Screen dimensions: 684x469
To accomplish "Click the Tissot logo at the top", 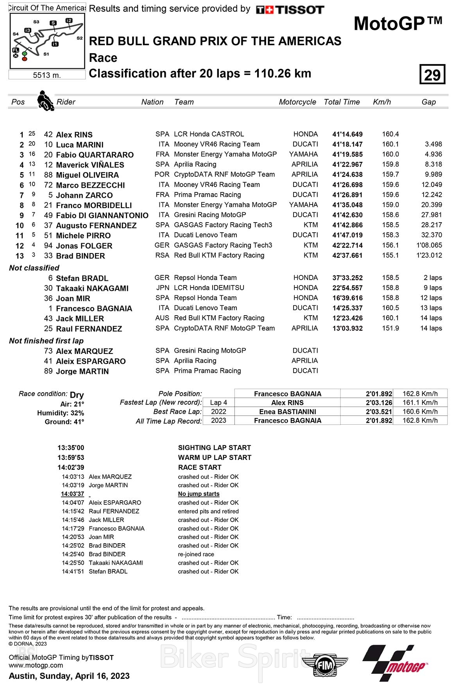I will (290, 10).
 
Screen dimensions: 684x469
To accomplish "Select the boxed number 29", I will (432, 74).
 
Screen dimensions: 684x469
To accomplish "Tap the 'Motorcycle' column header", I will (297, 102).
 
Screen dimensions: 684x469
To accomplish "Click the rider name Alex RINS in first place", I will (74, 135).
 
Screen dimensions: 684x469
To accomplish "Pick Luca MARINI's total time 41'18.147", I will (347, 144).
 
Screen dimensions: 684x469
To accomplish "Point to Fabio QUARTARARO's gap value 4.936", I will (433, 154).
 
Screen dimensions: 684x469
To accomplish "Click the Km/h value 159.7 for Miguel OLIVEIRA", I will (390, 174).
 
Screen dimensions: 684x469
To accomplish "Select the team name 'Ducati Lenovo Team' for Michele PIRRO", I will (206, 235).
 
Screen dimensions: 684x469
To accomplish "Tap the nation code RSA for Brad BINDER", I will (162, 255).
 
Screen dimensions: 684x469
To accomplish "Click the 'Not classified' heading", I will (34, 268).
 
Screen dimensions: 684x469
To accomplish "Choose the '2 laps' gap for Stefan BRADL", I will (433, 278).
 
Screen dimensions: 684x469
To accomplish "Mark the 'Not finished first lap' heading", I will (47, 341).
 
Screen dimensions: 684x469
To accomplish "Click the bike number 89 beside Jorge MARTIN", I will (48, 371).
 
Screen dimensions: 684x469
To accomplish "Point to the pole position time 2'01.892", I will (379, 394).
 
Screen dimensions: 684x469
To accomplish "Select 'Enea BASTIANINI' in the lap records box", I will (288, 412).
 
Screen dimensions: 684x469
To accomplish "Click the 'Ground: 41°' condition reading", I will (64, 422).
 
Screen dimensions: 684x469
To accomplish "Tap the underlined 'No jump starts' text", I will (199, 494).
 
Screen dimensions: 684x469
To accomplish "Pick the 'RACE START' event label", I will (200, 467).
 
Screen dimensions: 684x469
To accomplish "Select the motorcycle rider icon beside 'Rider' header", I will (45, 101).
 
